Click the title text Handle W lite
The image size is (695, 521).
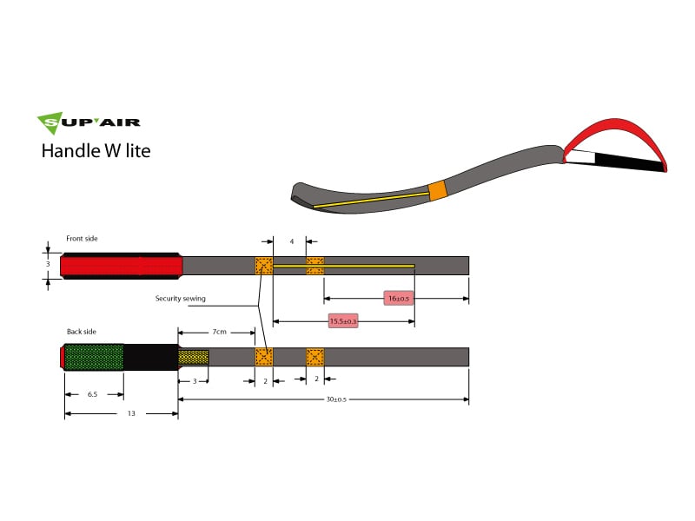tap(96, 150)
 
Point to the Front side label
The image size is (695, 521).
tap(83, 238)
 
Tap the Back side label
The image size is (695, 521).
tap(82, 332)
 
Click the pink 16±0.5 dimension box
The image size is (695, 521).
tap(399, 299)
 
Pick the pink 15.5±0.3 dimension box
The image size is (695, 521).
tap(343, 321)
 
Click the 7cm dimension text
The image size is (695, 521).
tap(220, 332)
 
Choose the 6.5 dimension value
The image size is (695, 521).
tap(92, 394)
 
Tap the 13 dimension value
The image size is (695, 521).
tap(131, 414)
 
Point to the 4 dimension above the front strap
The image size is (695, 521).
tap(292, 241)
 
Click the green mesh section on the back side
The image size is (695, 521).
tap(94, 357)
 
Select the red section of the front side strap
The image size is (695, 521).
tap(122, 266)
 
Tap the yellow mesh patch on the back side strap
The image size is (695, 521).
tap(194, 357)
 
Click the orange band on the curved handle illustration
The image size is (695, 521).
tap(438, 190)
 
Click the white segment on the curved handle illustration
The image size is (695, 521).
tap(581, 158)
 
